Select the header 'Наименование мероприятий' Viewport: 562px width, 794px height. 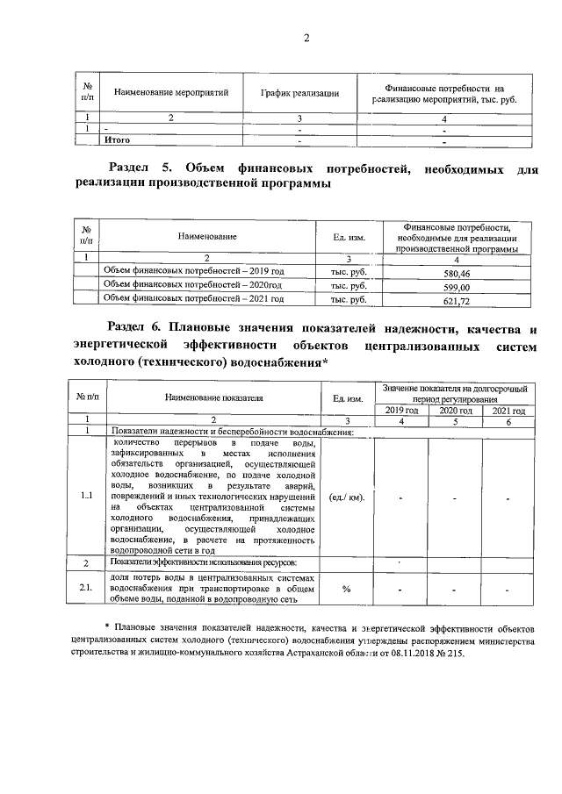coord(166,92)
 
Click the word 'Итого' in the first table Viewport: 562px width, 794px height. coord(118,139)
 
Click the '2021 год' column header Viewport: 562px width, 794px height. coord(508,410)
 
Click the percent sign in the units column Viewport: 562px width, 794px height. coord(346,588)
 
